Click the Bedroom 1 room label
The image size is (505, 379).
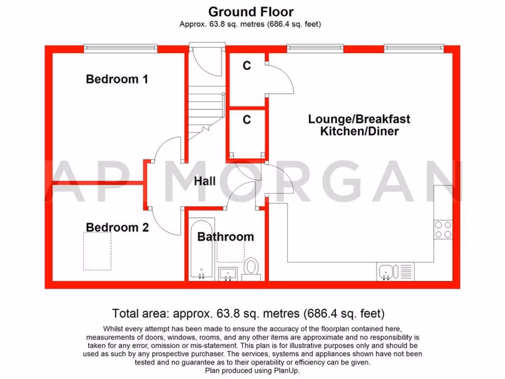117,79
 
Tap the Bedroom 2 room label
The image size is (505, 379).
117,227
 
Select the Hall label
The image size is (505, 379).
204,181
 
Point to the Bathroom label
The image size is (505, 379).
225,237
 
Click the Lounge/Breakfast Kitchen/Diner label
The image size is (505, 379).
359,125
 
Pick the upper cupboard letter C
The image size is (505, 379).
247,66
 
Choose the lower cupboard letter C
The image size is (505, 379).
247,119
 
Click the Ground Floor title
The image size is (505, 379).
251,11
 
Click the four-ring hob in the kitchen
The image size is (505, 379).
443,229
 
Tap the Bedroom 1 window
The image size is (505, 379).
120,48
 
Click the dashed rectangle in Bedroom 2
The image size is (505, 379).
97,251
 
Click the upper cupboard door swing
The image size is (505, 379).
281,79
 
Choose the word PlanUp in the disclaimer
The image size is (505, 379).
286,371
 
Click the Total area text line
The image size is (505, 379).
248,313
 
